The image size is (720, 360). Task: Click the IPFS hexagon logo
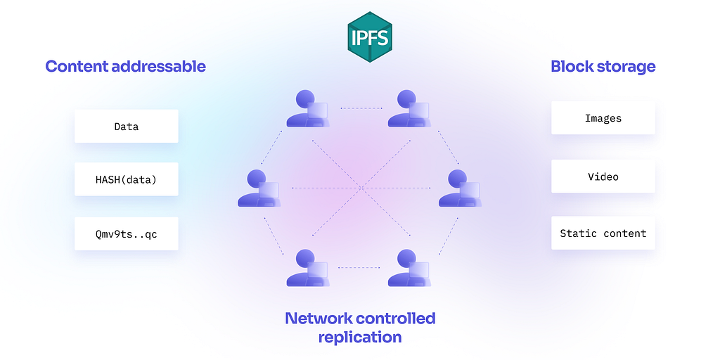(370, 37)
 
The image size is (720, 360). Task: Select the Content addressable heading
(125, 67)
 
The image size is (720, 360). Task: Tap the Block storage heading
(603, 67)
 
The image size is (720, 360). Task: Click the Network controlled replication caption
(360, 328)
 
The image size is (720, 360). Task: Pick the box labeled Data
(127, 127)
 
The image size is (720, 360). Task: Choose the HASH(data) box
(127, 179)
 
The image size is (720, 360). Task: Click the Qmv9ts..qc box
(127, 233)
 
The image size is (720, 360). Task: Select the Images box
(603, 118)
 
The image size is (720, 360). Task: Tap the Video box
(603, 176)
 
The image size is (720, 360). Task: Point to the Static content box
(603, 233)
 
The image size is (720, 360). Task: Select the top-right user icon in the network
(409, 108)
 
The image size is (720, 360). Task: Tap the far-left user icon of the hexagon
(259, 188)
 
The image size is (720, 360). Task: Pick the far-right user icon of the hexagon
(460, 188)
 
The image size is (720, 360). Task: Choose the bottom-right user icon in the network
(409, 268)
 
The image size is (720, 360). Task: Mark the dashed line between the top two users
(361, 108)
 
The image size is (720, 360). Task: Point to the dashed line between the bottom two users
(359, 268)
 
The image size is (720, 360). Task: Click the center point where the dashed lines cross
(361, 188)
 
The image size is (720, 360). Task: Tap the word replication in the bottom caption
(360, 337)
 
